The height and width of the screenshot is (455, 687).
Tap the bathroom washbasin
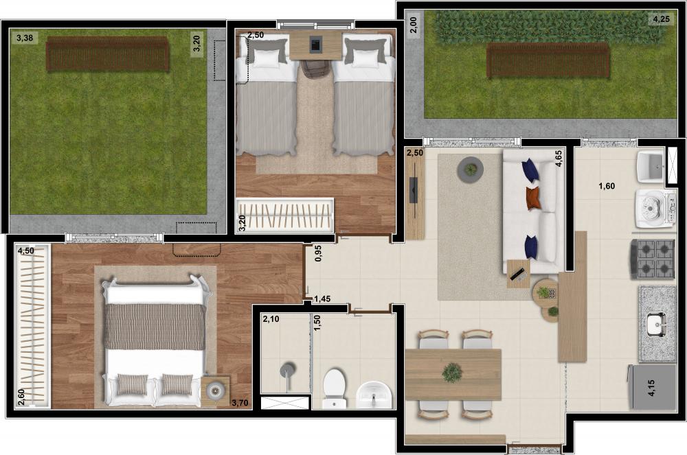coord(373,394)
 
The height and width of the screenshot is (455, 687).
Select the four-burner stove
coord(653,259)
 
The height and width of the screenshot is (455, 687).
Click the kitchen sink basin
coord(657,324)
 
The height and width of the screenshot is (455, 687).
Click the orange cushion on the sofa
coord(533,198)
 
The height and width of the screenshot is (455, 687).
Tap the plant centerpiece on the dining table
coord(452,373)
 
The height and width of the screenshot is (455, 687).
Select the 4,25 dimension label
coord(661,19)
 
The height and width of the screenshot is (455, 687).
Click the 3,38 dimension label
coord(25,38)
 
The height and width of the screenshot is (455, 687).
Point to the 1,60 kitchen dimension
coord(607,186)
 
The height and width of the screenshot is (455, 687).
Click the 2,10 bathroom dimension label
coord(271,319)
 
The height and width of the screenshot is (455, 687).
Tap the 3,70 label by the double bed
coord(240,403)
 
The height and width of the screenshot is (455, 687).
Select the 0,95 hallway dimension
coord(318,253)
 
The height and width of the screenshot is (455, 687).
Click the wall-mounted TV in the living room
coord(414,190)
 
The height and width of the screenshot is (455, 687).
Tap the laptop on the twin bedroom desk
coord(315,44)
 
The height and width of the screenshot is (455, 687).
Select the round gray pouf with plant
coord(470,169)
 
